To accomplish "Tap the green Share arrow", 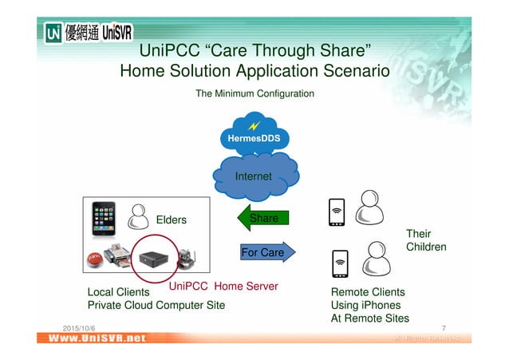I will tap(263, 218).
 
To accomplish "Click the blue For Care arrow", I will tap(266, 252).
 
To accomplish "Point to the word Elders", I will tap(171, 220).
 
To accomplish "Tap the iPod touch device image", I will tap(104, 218).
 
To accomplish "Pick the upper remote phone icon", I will tap(337, 212).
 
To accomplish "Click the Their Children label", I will tap(426, 240).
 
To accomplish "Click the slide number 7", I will tap(444, 328).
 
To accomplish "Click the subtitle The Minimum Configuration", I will tap(254, 94).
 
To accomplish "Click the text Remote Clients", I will tap(368, 292).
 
